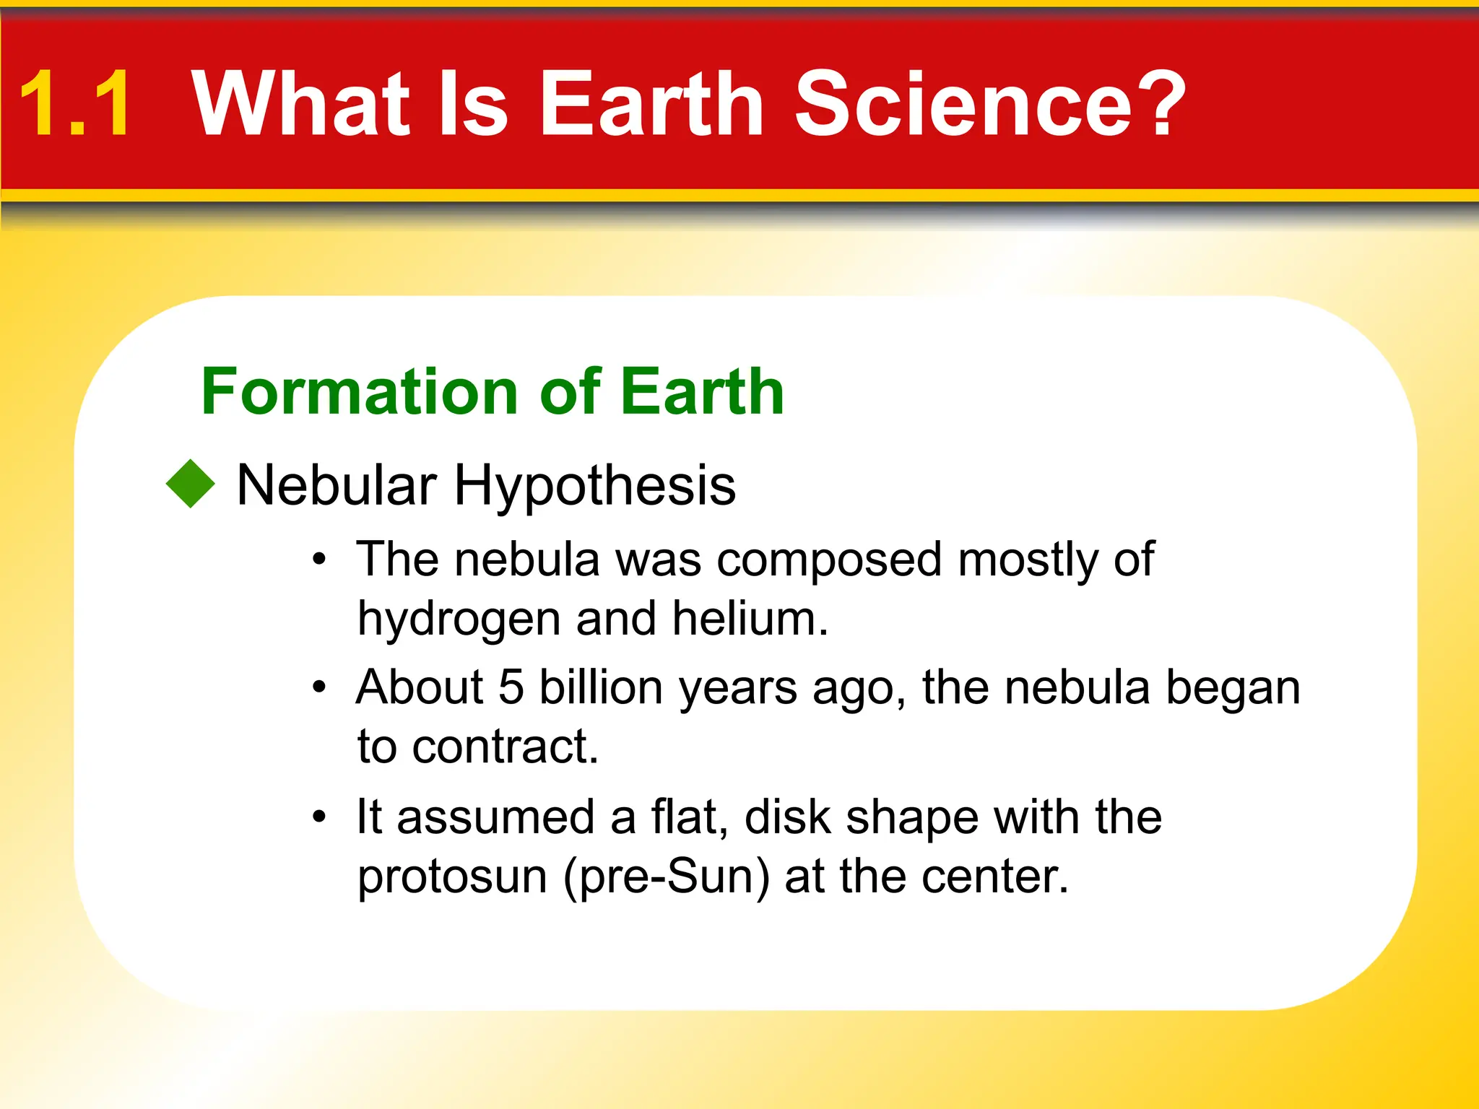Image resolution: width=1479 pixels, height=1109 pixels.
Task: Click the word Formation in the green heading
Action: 360,391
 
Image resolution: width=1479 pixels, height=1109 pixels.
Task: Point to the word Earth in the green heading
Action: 702,391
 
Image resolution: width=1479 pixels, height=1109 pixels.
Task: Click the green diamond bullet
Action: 191,484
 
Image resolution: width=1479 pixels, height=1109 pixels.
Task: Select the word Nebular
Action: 337,485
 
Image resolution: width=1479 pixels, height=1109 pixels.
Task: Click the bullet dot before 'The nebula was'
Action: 319,560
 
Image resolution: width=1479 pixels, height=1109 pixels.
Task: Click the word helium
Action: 749,619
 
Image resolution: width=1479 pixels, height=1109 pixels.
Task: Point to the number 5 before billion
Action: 511,687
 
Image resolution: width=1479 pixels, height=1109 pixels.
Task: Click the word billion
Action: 601,687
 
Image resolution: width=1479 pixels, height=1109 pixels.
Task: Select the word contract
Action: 505,747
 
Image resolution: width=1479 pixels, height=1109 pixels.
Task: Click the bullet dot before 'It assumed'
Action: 319,818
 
